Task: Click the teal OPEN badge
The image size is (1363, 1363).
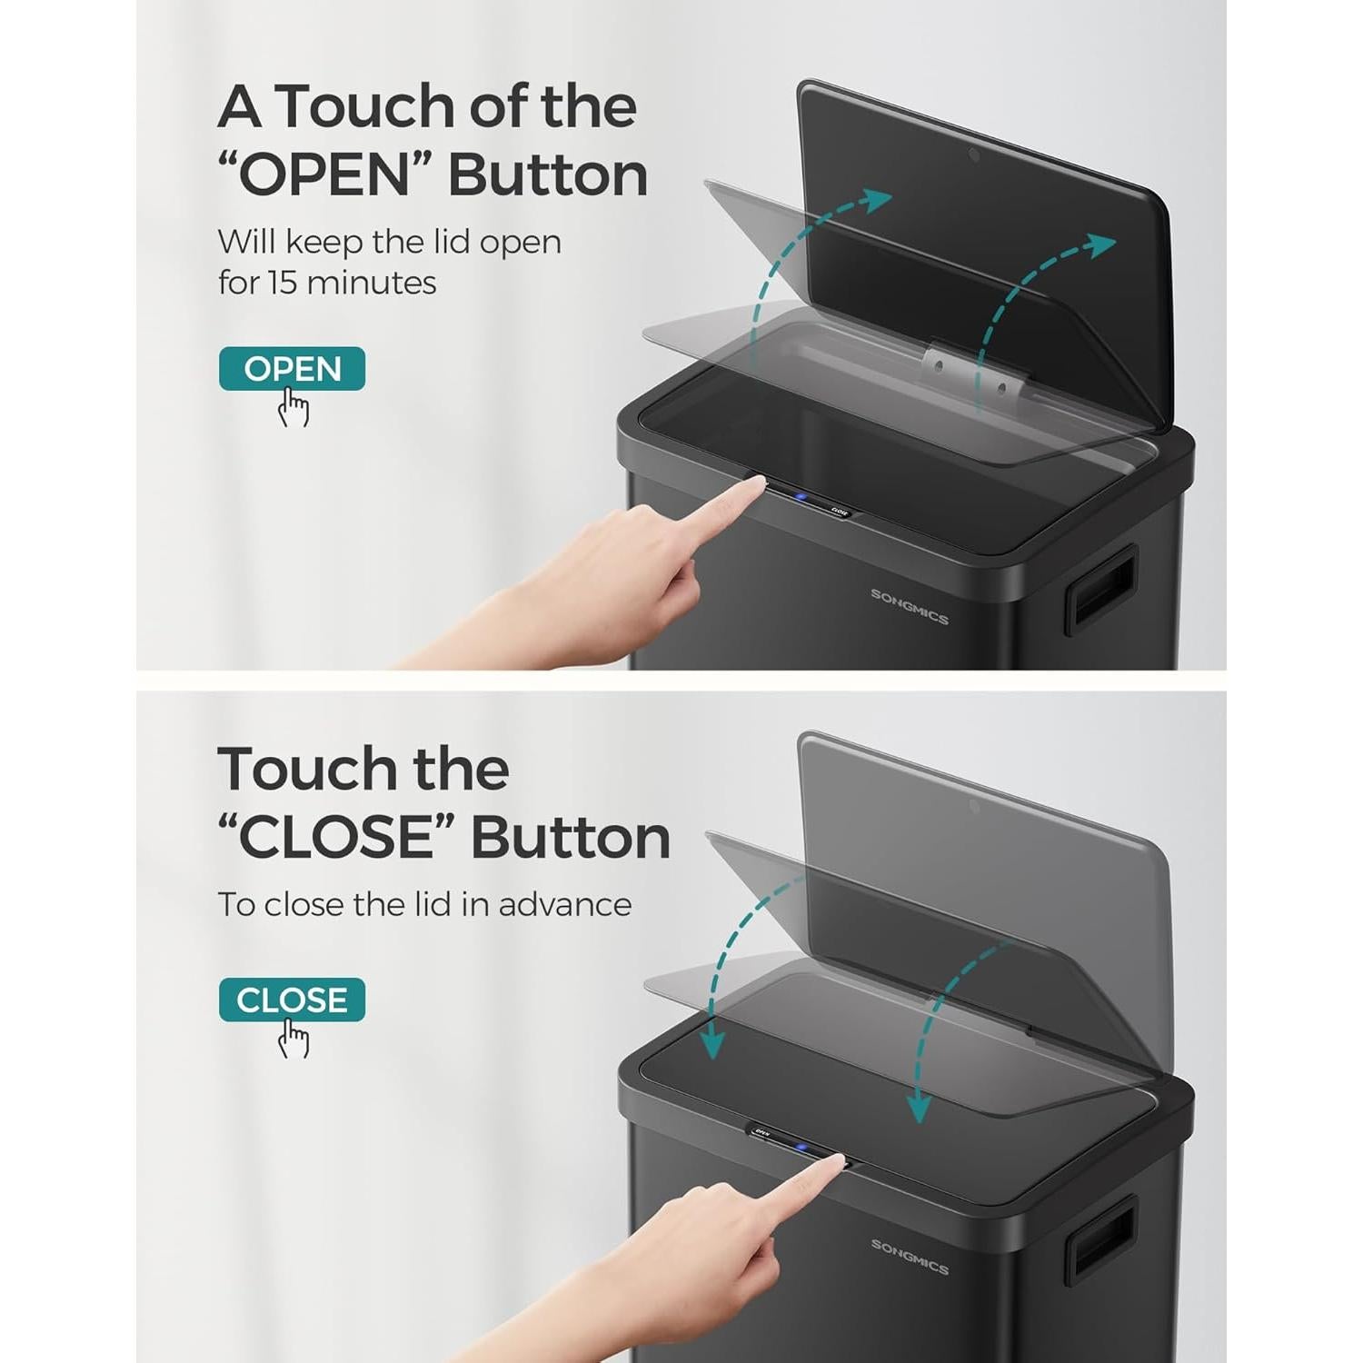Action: pyautogui.click(x=292, y=369)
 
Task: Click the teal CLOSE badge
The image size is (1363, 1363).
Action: pyautogui.click(x=292, y=1000)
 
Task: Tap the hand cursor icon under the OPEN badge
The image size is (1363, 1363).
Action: pyautogui.click(x=293, y=407)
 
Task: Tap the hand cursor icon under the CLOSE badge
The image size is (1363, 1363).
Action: pyautogui.click(x=293, y=1039)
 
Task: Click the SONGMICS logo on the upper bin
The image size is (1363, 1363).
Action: pyautogui.click(x=909, y=607)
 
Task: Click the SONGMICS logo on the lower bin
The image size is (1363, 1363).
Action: pyautogui.click(x=909, y=1256)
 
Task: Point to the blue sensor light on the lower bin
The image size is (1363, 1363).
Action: pyautogui.click(x=801, y=1147)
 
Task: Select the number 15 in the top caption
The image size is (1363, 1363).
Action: pyautogui.click(x=282, y=283)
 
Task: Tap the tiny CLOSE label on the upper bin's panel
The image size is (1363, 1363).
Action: pyautogui.click(x=839, y=512)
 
